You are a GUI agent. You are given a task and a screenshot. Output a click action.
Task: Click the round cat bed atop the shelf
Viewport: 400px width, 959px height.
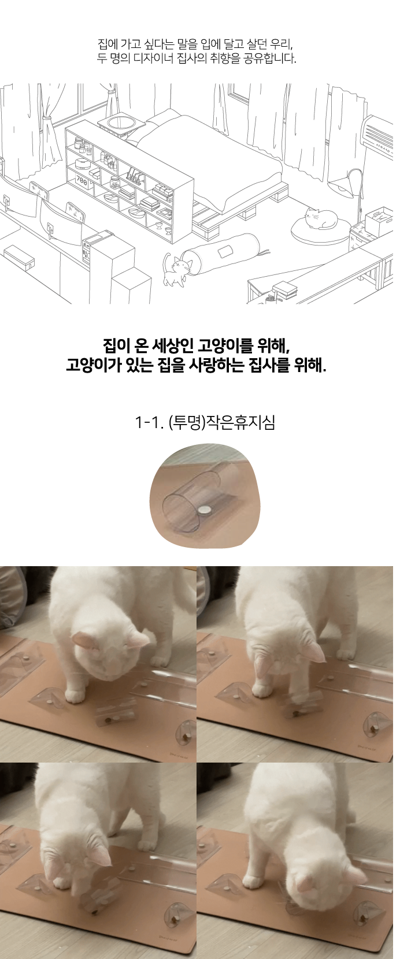coord(120,123)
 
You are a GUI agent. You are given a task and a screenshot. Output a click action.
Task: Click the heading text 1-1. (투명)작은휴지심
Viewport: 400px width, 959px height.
coord(205,422)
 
